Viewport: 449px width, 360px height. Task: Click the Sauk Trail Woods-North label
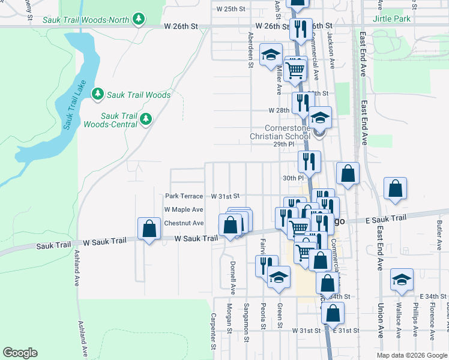(x=86, y=20)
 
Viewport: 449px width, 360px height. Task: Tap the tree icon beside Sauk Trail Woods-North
(x=139, y=20)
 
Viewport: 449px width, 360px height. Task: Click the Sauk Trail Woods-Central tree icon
(x=145, y=120)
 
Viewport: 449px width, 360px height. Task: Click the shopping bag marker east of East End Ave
(x=396, y=189)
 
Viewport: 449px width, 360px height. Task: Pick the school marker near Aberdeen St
(x=271, y=55)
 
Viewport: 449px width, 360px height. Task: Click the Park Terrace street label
(x=184, y=196)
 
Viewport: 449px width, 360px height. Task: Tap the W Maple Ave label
(x=184, y=210)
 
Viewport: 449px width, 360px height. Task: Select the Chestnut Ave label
(x=184, y=223)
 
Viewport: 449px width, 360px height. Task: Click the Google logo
(x=20, y=353)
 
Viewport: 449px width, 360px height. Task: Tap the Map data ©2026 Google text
(x=411, y=355)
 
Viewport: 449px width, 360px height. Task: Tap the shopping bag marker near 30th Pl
(x=348, y=174)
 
